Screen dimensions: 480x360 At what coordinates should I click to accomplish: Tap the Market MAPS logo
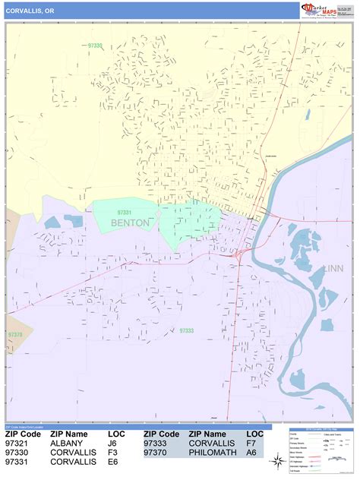pos(321,10)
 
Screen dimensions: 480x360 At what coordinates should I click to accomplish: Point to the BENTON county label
pos(130,223)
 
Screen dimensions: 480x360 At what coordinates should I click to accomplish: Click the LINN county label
pos(333,268)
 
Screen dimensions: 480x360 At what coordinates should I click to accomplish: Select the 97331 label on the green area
pos(125,213)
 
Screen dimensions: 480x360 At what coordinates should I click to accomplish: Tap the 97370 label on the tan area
pos(15,334)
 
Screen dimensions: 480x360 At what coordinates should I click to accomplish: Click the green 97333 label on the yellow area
pos(94,46)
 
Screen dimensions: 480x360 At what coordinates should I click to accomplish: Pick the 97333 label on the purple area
pos(188,330)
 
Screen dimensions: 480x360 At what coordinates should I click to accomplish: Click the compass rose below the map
pos(278,460)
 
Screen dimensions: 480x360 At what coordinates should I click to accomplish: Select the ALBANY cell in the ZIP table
pos(66,443)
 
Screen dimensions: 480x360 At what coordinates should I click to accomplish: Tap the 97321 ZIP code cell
pos(18,443)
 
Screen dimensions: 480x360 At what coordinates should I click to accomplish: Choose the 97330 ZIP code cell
pos(18,452)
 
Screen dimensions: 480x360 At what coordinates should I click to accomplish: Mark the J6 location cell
pos(112,443)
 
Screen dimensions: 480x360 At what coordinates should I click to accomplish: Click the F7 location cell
pos(251,443)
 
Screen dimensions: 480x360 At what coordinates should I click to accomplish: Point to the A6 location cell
pos(251,452)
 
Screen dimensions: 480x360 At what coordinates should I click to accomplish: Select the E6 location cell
pos(112,461)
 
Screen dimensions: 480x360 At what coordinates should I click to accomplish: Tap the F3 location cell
pos(112,452)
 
